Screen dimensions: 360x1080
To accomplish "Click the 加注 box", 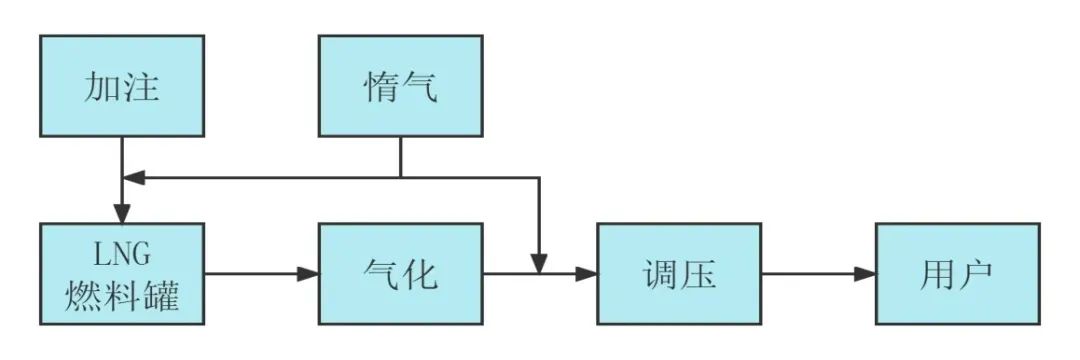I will tap(122, 86).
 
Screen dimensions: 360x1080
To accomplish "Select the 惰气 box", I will tap(400, 86).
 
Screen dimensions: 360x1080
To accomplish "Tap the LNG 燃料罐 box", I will tap(122, 274).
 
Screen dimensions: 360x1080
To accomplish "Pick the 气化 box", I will tap(400, 274).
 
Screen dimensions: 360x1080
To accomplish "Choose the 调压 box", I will tap(679, 274).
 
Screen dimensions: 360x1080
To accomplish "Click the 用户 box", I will tap(957, 274).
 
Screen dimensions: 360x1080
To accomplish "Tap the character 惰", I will tap(379, 88).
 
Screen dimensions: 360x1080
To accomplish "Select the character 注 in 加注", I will tap(143, 88).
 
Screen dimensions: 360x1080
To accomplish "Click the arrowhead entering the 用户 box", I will tap(865, 273).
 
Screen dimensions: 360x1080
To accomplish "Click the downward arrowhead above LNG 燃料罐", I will tap(122, 213).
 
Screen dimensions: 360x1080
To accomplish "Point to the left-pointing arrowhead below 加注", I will tap(133, 177).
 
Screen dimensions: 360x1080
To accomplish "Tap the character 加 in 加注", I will tap(101, 88).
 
